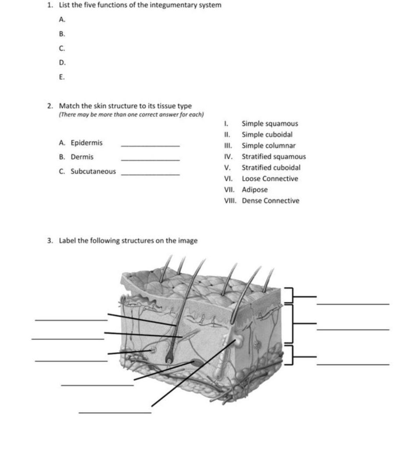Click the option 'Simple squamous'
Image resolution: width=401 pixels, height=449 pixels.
[x=270, y=124]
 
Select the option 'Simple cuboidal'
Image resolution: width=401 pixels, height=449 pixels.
[x=267, y=135]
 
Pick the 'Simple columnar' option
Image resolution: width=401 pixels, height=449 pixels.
[x=269, y=146]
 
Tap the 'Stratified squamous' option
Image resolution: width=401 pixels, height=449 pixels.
[x=274, y=157]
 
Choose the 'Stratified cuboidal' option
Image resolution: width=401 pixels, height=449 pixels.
[x=271, y=167]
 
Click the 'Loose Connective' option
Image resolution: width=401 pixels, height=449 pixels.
[x=270, y=178]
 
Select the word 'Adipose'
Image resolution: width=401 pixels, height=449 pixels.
[x=254, y=189]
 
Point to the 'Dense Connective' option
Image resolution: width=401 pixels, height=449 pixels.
[x=271, y=200]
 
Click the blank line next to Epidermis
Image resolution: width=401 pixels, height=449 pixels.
[x=150, y=145]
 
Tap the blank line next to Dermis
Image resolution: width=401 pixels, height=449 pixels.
[x=150, y=160]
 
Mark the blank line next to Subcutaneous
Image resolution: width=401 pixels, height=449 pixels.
[x=150, y=175]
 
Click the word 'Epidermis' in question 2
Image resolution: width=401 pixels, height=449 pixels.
[x=86, y=143]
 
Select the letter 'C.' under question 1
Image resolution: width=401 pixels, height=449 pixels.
[x=62, y=48]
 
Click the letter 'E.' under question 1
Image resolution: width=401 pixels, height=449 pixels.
[x=62, y=77]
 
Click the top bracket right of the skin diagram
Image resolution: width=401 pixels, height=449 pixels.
[x=288, y=296]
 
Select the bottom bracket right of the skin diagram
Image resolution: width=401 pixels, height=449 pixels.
[x=288, y=354]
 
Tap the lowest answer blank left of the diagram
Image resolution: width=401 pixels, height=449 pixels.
[x=115, y=412]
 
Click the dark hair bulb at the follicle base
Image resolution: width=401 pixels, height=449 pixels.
[x=170, y=360]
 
